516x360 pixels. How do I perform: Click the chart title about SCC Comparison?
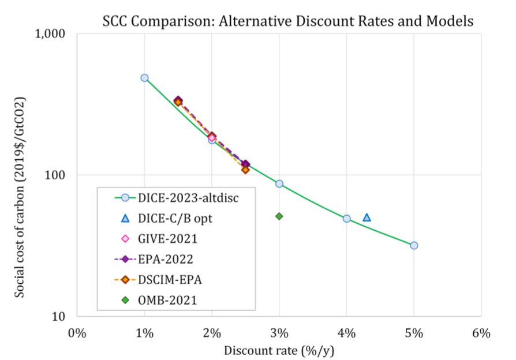click(x=287, y=21)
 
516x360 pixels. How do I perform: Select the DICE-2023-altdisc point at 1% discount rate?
click(x=144, y=78)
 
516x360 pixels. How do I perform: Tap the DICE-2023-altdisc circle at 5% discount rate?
click(x=414, y=245)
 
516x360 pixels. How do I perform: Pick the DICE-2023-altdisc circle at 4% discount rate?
click(x=346, y=219)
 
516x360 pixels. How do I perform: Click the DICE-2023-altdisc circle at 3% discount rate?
click(x=279, y=183)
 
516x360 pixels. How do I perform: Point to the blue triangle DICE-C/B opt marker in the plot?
click(x=367, y=217)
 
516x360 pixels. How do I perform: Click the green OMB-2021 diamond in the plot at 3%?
click(x=279, y=216)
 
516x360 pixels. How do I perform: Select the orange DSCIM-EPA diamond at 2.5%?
click(x=245, y=170)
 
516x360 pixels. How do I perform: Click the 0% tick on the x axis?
click(x=77, y=333)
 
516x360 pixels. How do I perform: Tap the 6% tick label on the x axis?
click(x=481, y=333)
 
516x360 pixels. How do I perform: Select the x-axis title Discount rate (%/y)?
click(x=279, y=350)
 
